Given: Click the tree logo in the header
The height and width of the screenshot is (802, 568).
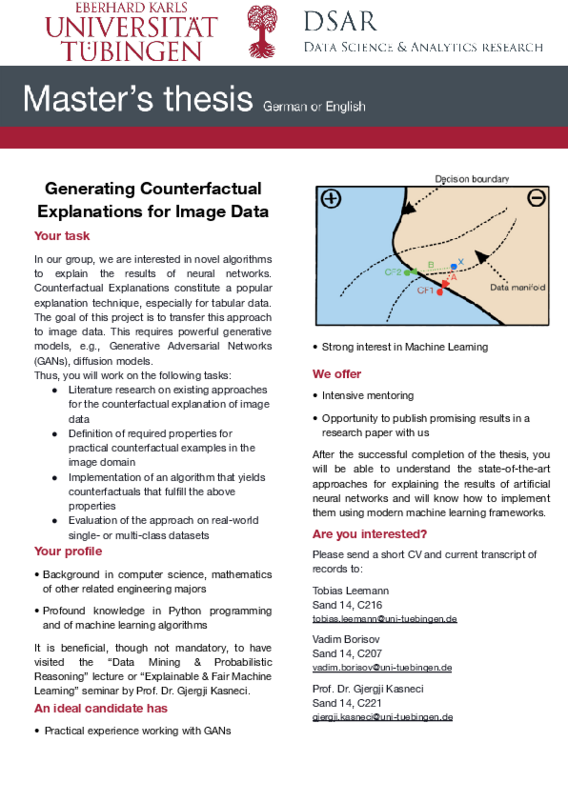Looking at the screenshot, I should (262, 32).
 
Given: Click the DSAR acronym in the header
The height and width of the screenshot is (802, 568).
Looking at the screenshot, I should (340, 21).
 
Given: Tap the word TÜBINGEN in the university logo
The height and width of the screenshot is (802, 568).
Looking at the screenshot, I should (131, 51).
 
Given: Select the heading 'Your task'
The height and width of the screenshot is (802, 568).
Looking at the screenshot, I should (62, 236).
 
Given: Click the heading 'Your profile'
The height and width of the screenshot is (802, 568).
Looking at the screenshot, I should (68, 551).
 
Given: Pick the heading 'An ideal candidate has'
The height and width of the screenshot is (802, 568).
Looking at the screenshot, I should (101, 708).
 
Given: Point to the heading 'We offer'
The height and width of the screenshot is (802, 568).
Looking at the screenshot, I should (337, 374).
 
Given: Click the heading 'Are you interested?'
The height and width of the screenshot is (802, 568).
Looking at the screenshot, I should (370, 534).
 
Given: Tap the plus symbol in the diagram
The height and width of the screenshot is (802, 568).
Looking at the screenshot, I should (331, 199).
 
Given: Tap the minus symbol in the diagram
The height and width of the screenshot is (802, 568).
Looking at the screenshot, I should (536, 198).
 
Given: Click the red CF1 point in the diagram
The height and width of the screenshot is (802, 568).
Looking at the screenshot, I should (440, 292).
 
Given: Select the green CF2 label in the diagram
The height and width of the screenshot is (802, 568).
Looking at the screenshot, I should (393, 272).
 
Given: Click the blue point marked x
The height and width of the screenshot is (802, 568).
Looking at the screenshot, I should (454, 267).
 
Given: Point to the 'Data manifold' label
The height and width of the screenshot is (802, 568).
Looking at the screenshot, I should (518, 287).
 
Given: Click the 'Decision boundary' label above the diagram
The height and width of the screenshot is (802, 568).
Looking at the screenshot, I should (472, 179).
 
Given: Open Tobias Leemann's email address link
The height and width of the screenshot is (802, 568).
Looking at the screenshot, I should (385, 619).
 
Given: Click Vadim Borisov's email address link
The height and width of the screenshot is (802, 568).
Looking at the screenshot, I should (382, 668).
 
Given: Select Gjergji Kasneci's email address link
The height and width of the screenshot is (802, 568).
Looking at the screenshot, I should (382, 717).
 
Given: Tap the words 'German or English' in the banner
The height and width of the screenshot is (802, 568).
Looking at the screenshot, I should (314, 107).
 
